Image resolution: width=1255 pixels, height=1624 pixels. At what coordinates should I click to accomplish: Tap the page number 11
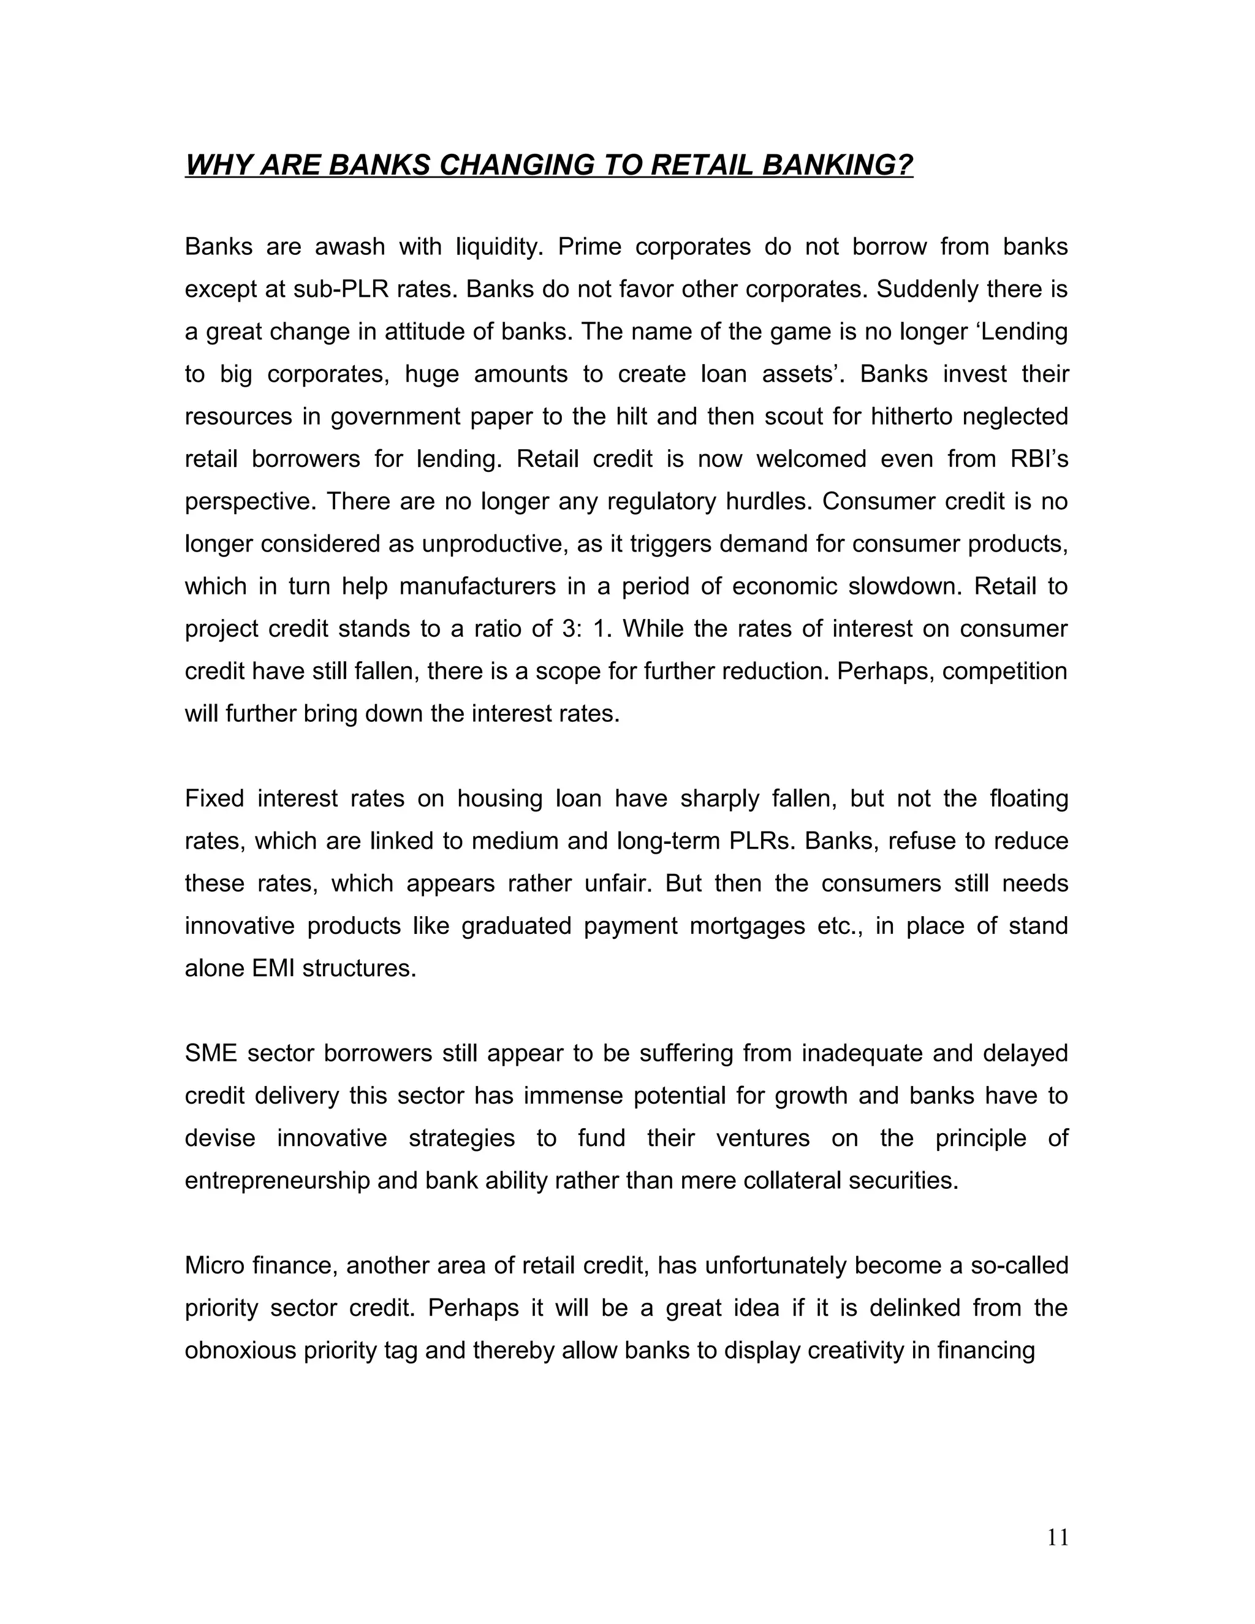tap(1057, 1537)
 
